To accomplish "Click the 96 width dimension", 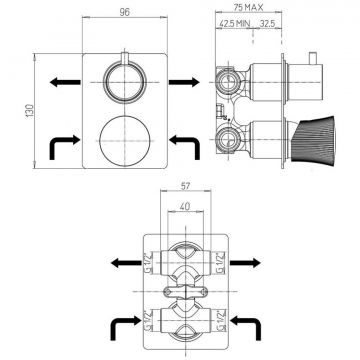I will [x=123, y=14].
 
